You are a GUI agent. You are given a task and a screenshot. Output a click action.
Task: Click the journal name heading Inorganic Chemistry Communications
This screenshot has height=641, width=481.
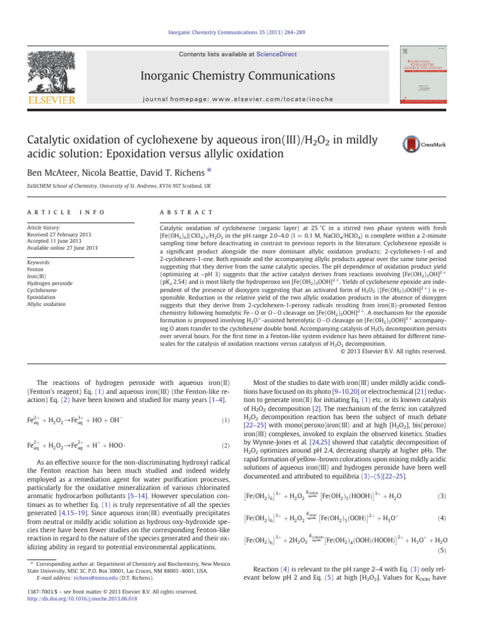pyautogui.click(x=241, y=78)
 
